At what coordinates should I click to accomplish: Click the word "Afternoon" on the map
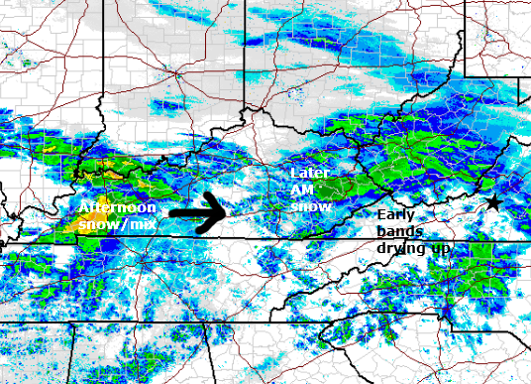pos(117,208)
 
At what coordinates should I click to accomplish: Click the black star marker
pos(492,203)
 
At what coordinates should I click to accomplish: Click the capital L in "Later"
pos(294,173)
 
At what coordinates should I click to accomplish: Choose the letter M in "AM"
pos(308,189)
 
